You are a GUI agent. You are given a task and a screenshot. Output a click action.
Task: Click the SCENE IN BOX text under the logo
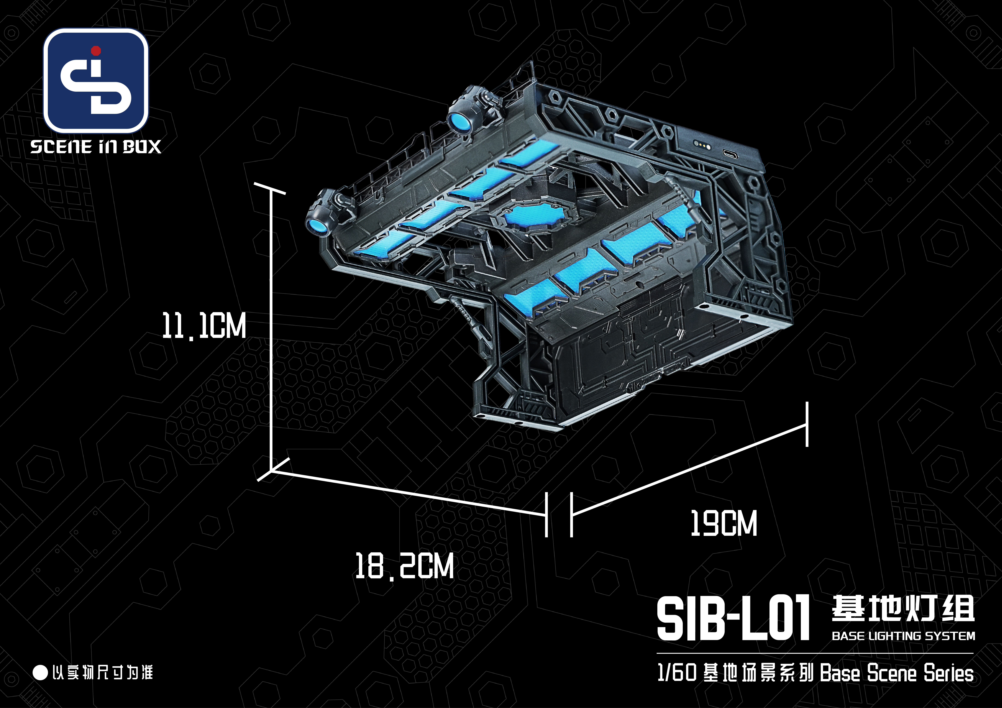[96, 147]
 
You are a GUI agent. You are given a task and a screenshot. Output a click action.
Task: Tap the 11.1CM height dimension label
[204, 325]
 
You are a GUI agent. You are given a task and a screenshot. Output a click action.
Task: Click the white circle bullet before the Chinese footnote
[40, 672]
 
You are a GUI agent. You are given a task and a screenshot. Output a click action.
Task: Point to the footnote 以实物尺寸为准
[103, 672]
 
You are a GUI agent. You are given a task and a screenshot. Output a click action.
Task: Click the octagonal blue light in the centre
[524, 216]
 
